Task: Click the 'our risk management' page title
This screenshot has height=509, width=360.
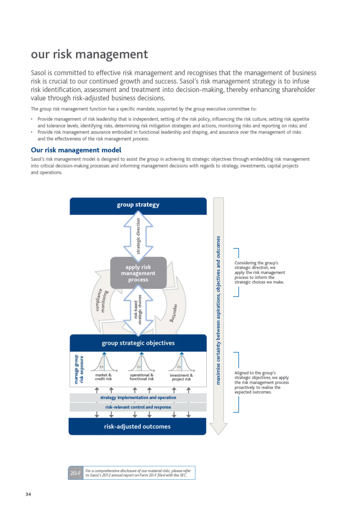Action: point(90,54)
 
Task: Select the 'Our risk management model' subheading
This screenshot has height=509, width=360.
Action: point(76,150)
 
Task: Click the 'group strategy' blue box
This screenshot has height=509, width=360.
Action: point(138,205)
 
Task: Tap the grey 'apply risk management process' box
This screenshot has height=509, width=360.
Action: point(138,273)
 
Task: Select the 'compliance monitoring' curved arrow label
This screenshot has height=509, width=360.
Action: point(100,301)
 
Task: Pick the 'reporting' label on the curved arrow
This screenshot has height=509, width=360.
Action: point(175,313)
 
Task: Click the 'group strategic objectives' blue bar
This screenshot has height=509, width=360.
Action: point(138,343)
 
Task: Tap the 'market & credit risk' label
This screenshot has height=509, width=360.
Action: point(103,377)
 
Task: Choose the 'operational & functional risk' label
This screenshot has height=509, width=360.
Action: point(142,377)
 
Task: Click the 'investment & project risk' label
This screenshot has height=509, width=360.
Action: point(181,377)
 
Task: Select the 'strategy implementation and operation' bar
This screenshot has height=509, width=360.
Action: point(138,398)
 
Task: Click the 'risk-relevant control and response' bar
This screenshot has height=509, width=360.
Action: point(138,407)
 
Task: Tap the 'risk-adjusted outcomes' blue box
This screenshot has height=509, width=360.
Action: point(138,426)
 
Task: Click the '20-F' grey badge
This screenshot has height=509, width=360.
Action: point(76,473)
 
